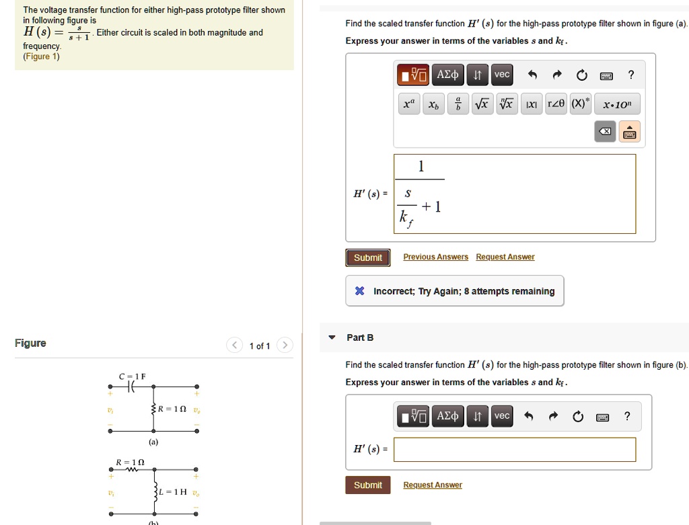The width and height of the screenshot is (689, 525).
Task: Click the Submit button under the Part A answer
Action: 368,257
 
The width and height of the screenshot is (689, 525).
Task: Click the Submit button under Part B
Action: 368,485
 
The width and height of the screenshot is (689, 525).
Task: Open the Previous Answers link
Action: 435,257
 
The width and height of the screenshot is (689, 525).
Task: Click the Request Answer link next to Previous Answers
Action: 505,257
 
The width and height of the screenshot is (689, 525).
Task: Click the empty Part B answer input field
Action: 515,450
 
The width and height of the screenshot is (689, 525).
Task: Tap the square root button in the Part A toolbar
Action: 482,104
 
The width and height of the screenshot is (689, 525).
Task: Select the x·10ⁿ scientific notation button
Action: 616,105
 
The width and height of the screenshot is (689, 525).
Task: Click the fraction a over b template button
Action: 458,104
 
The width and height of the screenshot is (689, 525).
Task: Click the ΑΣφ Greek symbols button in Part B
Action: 447,416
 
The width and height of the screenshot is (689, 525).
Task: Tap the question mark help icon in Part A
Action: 630,75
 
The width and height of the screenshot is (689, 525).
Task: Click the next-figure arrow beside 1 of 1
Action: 285,346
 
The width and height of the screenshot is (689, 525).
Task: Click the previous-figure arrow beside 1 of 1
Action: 234,346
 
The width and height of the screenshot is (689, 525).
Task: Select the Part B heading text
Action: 360,337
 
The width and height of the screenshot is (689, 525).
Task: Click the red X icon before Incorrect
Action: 360,291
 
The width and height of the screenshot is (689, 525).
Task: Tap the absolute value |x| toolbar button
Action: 530,104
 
